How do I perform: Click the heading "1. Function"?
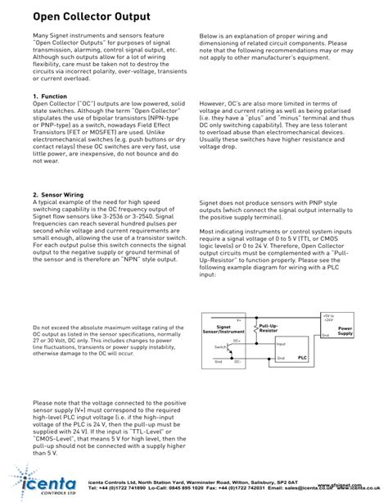point(50,97)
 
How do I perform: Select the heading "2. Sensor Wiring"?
point(59,195)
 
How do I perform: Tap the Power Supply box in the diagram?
point(345,330)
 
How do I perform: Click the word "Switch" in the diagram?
point(219,348)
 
